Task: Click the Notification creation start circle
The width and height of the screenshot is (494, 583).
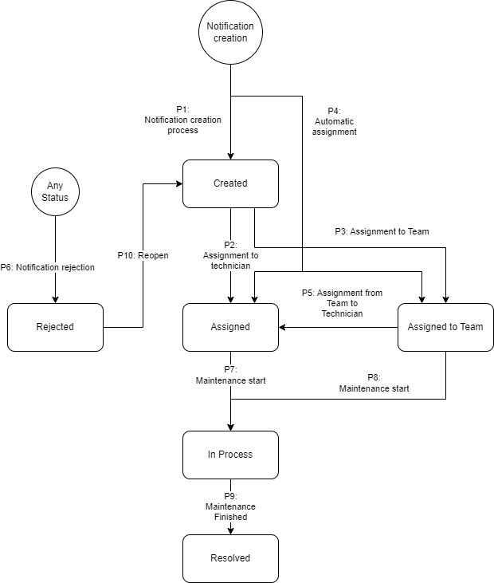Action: pos(230,33)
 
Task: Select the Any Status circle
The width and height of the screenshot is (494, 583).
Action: pos(55,191)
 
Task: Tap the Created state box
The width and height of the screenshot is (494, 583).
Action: pos(230,183)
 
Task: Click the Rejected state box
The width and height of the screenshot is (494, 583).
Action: pos(55,327)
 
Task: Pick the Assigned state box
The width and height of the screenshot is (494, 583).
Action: pos(230,327)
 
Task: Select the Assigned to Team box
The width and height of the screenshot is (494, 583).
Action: pos(445,327)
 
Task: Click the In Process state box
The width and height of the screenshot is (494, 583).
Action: pos(230,455)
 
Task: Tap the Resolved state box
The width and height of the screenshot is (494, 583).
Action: pos(230,558)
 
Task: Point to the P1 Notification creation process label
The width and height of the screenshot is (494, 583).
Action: pos(182,120)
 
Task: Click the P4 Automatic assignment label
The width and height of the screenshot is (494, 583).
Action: pos(334,122)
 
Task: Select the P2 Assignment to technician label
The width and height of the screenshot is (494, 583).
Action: pos(230,255)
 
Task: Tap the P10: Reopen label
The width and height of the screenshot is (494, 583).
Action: pos(143,255)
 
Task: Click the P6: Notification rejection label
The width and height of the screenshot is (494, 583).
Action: pos(48,267)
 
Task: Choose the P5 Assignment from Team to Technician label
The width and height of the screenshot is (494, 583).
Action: pos(342,303)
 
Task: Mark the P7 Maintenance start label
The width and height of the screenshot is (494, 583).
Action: pos(230,376)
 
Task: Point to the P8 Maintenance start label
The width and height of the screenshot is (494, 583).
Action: pos(374,384)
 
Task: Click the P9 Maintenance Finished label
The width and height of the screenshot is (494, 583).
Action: pos(230,506)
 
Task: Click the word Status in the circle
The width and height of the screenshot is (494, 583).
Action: pos(55,198)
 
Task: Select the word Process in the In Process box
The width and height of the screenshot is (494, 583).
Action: pos(237,455)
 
